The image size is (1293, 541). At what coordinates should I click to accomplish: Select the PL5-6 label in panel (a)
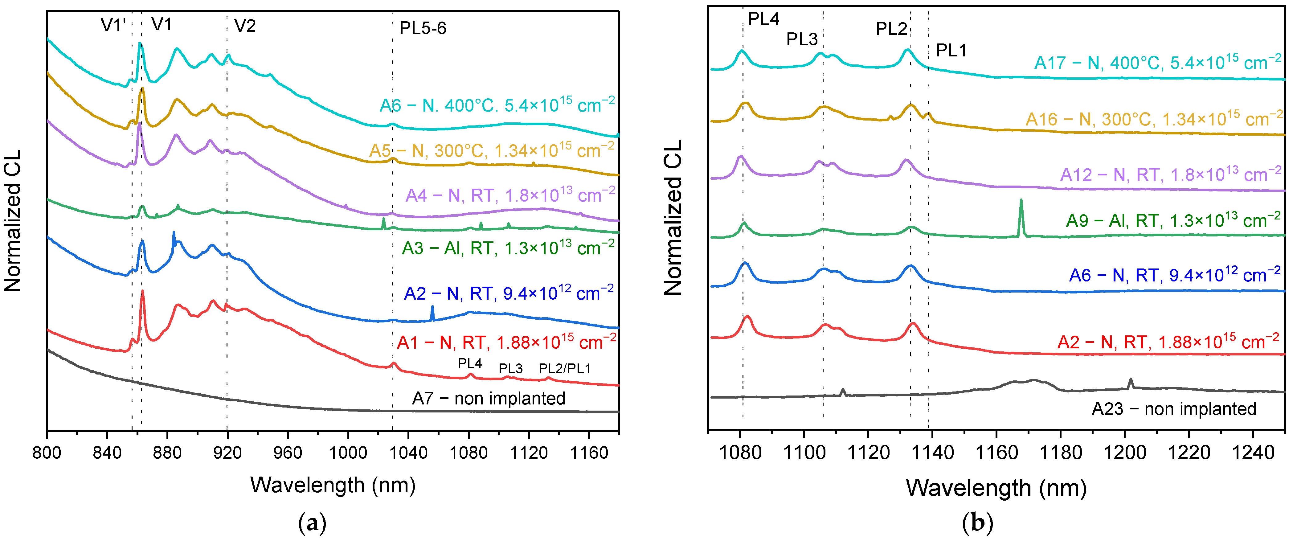(x=423, y=28)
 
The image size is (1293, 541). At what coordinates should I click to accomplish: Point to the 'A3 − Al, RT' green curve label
(x=508, y=248)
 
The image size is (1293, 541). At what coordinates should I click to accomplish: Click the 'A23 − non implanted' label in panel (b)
(x=1173, y=409)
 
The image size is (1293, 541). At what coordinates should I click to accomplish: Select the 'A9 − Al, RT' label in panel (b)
(x=1173, y=220)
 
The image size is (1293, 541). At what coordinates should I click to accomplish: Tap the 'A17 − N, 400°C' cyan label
(x=1157, y=63)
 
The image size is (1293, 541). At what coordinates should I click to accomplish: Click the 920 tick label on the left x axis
(x=227, y=453)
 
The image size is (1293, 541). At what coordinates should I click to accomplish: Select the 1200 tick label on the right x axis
(x=1125, y=453)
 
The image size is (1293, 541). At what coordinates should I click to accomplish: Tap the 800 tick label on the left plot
(x=47, y=453)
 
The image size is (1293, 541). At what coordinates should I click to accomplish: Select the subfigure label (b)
(x=977, y=523)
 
